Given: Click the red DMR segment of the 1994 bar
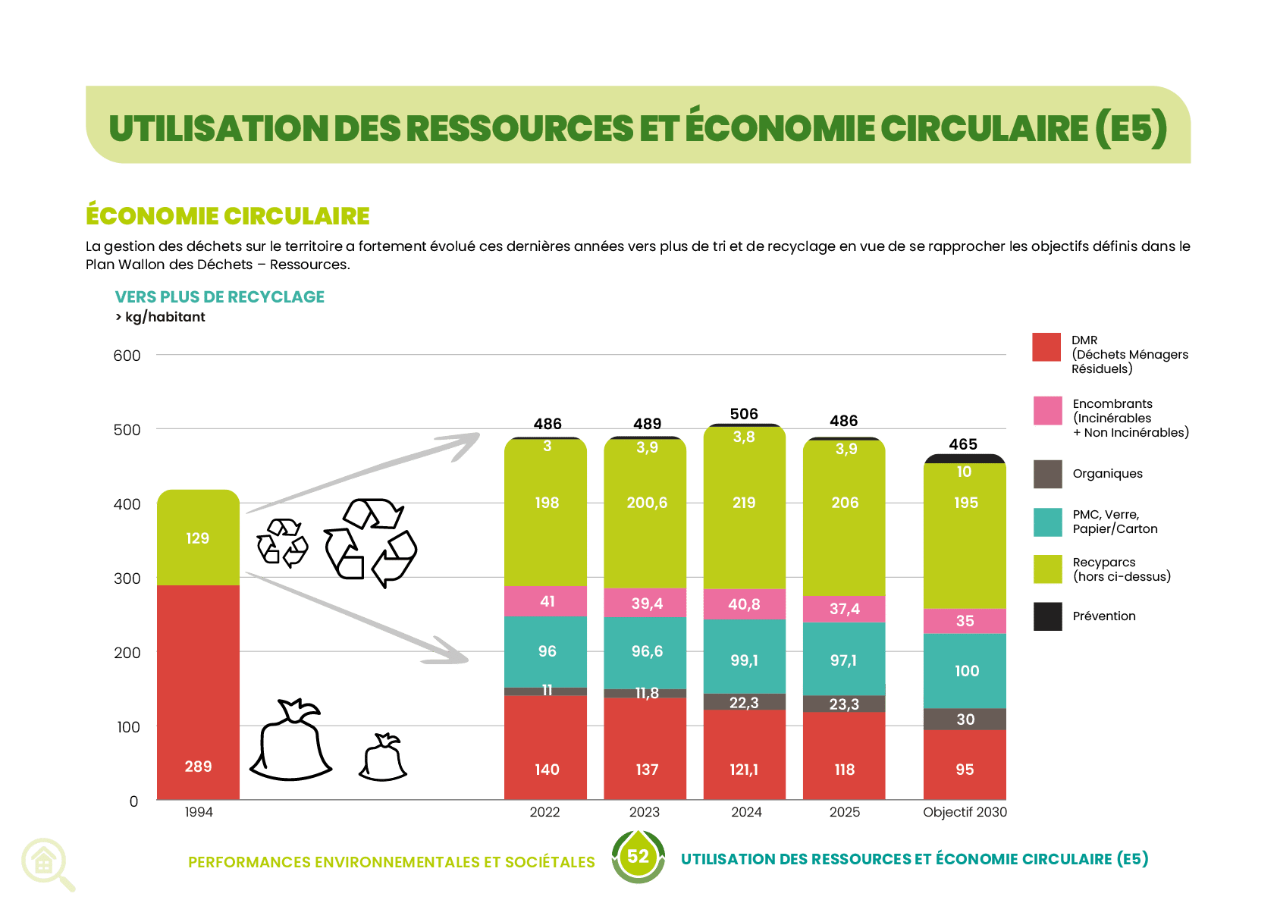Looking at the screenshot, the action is (x=198, y=692).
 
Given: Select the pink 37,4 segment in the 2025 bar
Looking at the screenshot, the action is (x=844, y=609).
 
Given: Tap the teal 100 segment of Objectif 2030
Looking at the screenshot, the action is (x=965, y=671).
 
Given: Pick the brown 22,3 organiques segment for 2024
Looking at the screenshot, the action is (x=744, y=702).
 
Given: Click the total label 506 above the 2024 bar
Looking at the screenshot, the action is (x=744, y=414).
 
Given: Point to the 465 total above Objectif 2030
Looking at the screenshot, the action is (x=963, y=444).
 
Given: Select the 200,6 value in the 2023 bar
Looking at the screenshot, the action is (x=647, y=502).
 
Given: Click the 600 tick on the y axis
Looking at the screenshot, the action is (x=127, y=356).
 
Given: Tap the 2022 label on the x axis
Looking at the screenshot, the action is (x=544, y=812).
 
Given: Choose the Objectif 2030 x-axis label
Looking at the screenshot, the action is (x=965, y=812).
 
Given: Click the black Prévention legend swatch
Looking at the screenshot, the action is (x=1047, y=616).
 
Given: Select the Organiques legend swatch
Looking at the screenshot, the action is (x=1047, y=474).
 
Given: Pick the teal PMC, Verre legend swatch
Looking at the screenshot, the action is (x=1047, y=522).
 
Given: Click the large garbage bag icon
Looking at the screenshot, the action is (x=290, y=739).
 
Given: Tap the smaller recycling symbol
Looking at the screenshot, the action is (x=282, y=543).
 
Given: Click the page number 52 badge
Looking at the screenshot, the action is (x=638, y=856).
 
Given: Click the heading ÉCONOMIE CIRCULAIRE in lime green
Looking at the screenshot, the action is (x=227, y=215).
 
